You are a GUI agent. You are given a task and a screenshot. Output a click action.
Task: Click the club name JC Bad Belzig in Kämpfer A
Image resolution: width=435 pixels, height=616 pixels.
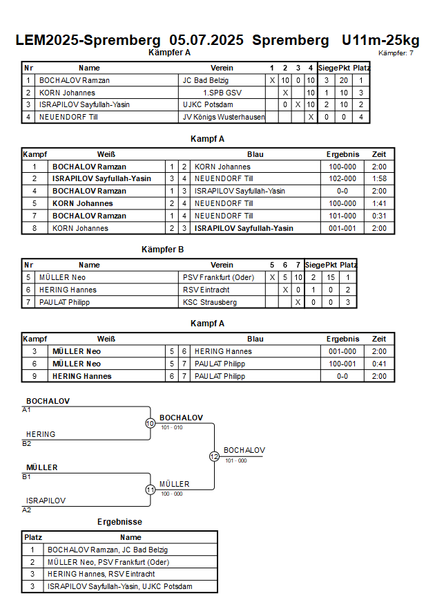pyautogui.click(x=206, y=80)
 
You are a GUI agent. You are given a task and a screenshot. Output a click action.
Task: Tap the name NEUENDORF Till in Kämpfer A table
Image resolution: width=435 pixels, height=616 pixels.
pyautogui.click(x=68, y=117)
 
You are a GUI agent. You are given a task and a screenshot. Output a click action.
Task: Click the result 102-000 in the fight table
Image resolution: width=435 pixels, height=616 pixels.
pyautogui.click(x=342, y=179)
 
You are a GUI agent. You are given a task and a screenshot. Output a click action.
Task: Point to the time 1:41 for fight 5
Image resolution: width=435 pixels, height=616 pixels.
pyautogui.click(x=379, y=203)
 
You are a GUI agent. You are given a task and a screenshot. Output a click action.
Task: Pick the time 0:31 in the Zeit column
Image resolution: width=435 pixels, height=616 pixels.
pyautogui.click(x=379, y=216)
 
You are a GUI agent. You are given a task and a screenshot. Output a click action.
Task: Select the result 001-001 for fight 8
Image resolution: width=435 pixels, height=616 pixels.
pyautogui.click(x=342, y=228)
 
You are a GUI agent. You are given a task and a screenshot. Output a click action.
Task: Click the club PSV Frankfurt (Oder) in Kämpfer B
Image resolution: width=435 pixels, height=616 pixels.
pyautogui.click(x=218, y=278)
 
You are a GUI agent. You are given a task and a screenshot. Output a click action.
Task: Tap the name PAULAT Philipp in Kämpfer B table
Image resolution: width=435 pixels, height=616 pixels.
pyautogui.click(x=65, y=303)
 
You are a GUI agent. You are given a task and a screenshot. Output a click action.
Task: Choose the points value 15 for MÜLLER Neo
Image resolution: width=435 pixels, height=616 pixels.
pyautogui.click(x=331, y=278)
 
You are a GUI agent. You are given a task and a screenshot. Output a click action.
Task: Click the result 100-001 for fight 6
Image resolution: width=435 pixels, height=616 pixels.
pyautogui.click(x=342, y=364)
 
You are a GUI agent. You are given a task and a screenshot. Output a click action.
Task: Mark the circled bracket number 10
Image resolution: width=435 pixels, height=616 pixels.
pyautogui.click(x=151, y=424)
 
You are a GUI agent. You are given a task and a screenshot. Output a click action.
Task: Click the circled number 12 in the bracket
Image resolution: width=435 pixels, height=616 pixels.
pyautogui.click(x=214, y=456)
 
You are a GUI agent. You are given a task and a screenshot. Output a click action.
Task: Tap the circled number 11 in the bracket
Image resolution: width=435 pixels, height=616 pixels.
pyautogui.click(x=151, y=490)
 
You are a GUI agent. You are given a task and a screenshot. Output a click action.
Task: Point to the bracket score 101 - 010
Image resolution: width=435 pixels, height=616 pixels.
pyautogui.click(x=172, y=428)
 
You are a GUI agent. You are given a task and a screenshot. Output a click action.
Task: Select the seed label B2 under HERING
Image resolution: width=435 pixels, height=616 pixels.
pyautogui.click(x=27, y=444)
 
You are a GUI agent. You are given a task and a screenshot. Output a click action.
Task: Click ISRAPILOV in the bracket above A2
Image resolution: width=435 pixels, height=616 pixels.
pyautogui.click(x=46, y=501)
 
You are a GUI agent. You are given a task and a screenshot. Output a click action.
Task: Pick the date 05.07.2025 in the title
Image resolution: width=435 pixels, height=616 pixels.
pyautogui.click(x=206, y=41)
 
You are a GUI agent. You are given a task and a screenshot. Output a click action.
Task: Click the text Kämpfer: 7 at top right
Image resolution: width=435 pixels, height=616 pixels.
pyautogui.click(x=396, y=53)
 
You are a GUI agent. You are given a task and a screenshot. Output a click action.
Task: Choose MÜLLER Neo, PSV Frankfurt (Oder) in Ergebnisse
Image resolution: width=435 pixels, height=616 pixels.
pyautogui.click(x=108, y=563)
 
